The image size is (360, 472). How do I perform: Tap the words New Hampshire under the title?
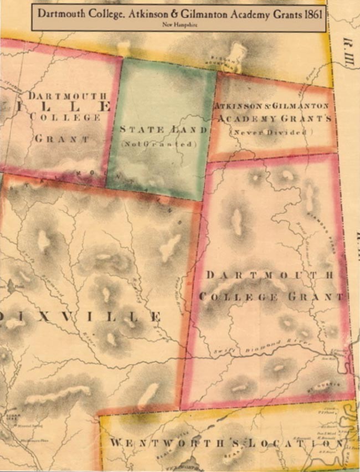point(179,25)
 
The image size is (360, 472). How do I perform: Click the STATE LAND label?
point(163,130)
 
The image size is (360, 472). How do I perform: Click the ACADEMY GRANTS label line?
point(273,119)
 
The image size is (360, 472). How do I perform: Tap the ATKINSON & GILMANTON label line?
point(271,105)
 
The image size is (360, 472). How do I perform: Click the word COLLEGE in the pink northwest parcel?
point(65,117)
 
